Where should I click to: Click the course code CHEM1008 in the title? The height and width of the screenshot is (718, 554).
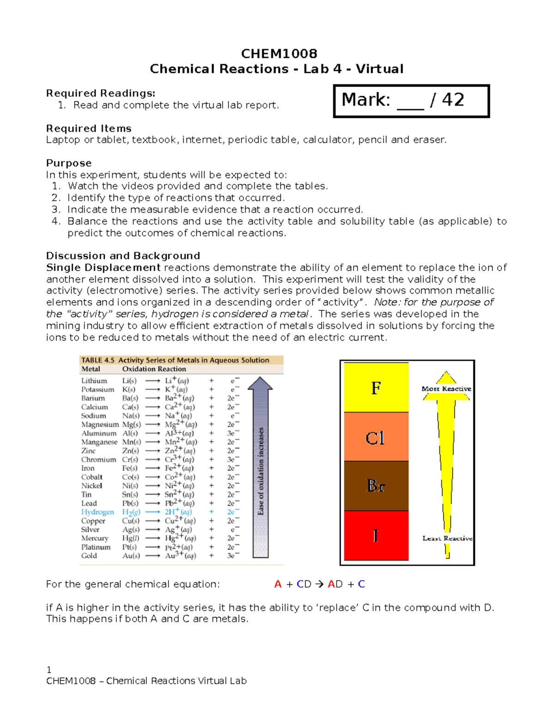point(279,54)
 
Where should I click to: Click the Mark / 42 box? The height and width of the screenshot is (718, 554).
point(411,101)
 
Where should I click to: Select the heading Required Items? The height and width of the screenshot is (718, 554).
point(89,129)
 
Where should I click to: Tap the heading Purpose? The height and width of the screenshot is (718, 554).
point(69,163)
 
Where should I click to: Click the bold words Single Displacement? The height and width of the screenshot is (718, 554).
point(103,268)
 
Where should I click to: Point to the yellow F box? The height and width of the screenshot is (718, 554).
point(376,387)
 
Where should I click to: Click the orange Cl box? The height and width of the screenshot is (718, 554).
point(376,437)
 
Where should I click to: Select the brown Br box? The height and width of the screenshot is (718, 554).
point(376,485)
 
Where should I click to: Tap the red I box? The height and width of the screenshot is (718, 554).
point(376,535)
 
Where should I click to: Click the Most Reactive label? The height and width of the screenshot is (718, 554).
point(446,389)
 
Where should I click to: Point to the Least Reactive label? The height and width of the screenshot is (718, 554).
point(447,538)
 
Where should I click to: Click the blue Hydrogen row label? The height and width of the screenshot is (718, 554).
point(97,512)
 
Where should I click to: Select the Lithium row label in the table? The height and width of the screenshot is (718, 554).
point(94,380)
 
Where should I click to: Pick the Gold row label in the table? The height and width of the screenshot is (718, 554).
point(89,556)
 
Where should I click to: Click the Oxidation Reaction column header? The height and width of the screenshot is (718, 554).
point(154,369)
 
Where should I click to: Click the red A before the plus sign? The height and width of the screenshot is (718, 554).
point(277,584)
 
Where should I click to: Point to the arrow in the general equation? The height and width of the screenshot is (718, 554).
point(319,584)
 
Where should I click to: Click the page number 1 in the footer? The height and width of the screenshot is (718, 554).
point(49,670)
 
